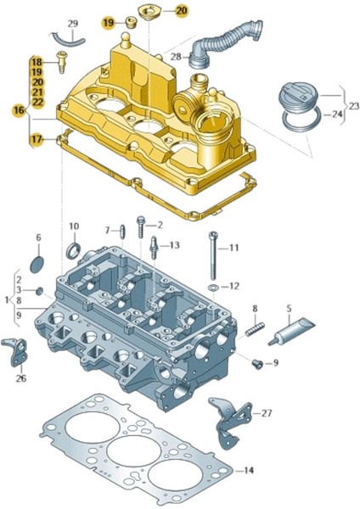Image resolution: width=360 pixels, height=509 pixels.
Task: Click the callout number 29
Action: point(72,23)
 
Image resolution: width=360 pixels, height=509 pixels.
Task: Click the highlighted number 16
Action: point(19,110)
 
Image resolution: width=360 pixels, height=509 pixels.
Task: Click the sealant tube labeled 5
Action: point(291,331)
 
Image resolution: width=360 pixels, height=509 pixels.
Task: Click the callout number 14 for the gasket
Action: point(248,469)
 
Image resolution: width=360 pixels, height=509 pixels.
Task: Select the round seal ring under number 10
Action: point(74,251)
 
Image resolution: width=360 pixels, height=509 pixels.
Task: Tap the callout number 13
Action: point(174,245)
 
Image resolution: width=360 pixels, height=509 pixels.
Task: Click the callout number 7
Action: point(108,230)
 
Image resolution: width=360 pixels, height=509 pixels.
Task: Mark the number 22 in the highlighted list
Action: point(37,102)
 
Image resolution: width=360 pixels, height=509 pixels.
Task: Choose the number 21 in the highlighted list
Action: point(37,92)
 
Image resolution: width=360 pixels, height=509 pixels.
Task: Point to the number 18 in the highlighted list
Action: point(37,63)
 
